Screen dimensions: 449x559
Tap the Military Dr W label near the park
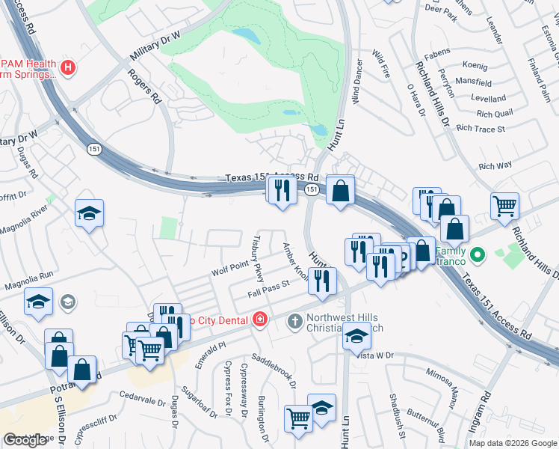pyautogui.click(x=155, y=47)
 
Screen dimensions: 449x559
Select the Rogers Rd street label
pyautogui.click(x=144, y=86)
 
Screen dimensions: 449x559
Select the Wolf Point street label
pyautogui.click(x=229, y=266)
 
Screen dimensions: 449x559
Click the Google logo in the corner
pyautogui.click(x=25, y=440)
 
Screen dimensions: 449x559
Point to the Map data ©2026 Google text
pyautogui.click(x=513, y=443)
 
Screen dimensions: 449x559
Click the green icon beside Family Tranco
pyautogui.click(x=479, y=254)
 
